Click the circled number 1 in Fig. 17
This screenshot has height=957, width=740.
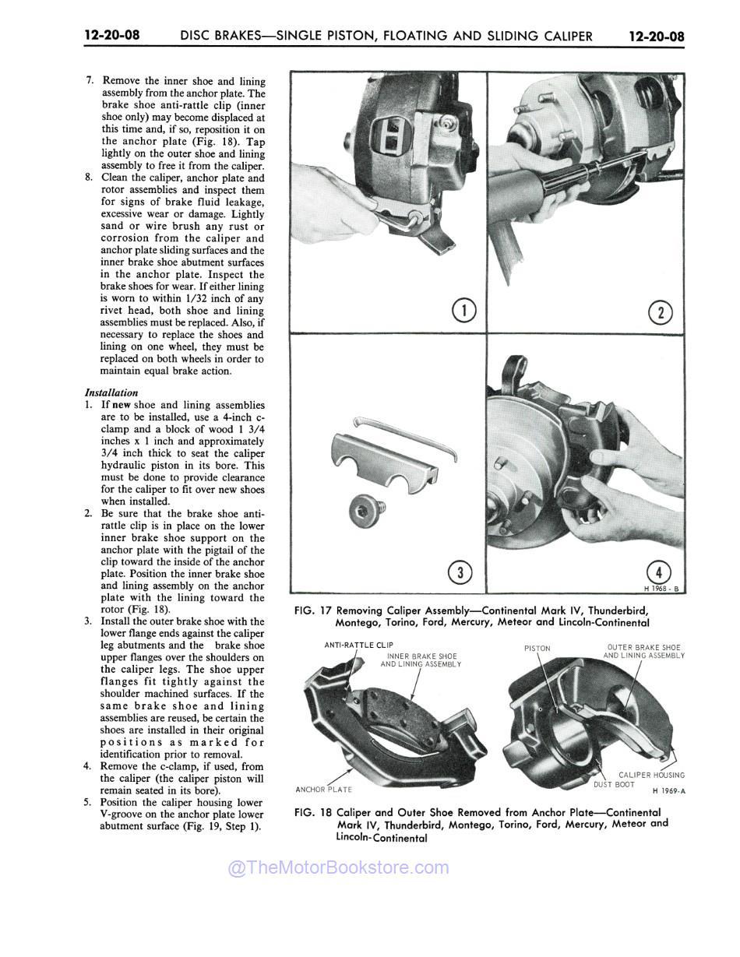(x=464, y=311)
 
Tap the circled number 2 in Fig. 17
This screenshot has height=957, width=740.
(x=661, y=313)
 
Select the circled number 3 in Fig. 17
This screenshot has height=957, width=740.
(x=461, y=574)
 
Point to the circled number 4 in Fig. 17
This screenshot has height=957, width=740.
(x=659, y=571)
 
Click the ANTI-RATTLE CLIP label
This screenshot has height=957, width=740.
(x=358, y=645)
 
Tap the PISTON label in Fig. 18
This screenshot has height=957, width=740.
(x=537, y=648)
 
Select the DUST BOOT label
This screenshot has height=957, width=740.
(x=614, y=784)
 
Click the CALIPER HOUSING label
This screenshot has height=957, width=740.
(x=651, y=775)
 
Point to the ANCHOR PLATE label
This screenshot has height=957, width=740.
(x=324, y=790)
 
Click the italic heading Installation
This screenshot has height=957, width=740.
(x=111, y=393)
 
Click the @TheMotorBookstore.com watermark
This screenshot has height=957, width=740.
(x=338, y=867)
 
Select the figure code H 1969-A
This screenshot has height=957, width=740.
(x=668, y=791)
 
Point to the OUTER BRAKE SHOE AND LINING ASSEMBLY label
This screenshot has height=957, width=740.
(x=643, y=652)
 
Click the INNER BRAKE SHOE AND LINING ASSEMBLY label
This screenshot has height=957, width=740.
(x=421, y=660)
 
